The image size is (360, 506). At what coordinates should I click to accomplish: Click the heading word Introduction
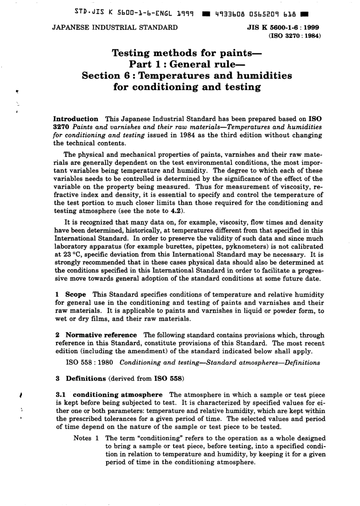[x=76, y=119]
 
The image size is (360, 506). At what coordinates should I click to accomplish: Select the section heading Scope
[x=75, y=295]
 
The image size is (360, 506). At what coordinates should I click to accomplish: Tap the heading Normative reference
[x=101, y=335]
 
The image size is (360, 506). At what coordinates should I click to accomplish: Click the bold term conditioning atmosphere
[x=117, y=395]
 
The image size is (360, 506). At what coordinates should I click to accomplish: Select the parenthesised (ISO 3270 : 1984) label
[x=294, y=36]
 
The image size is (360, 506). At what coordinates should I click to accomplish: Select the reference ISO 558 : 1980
[x=89, y=362]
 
